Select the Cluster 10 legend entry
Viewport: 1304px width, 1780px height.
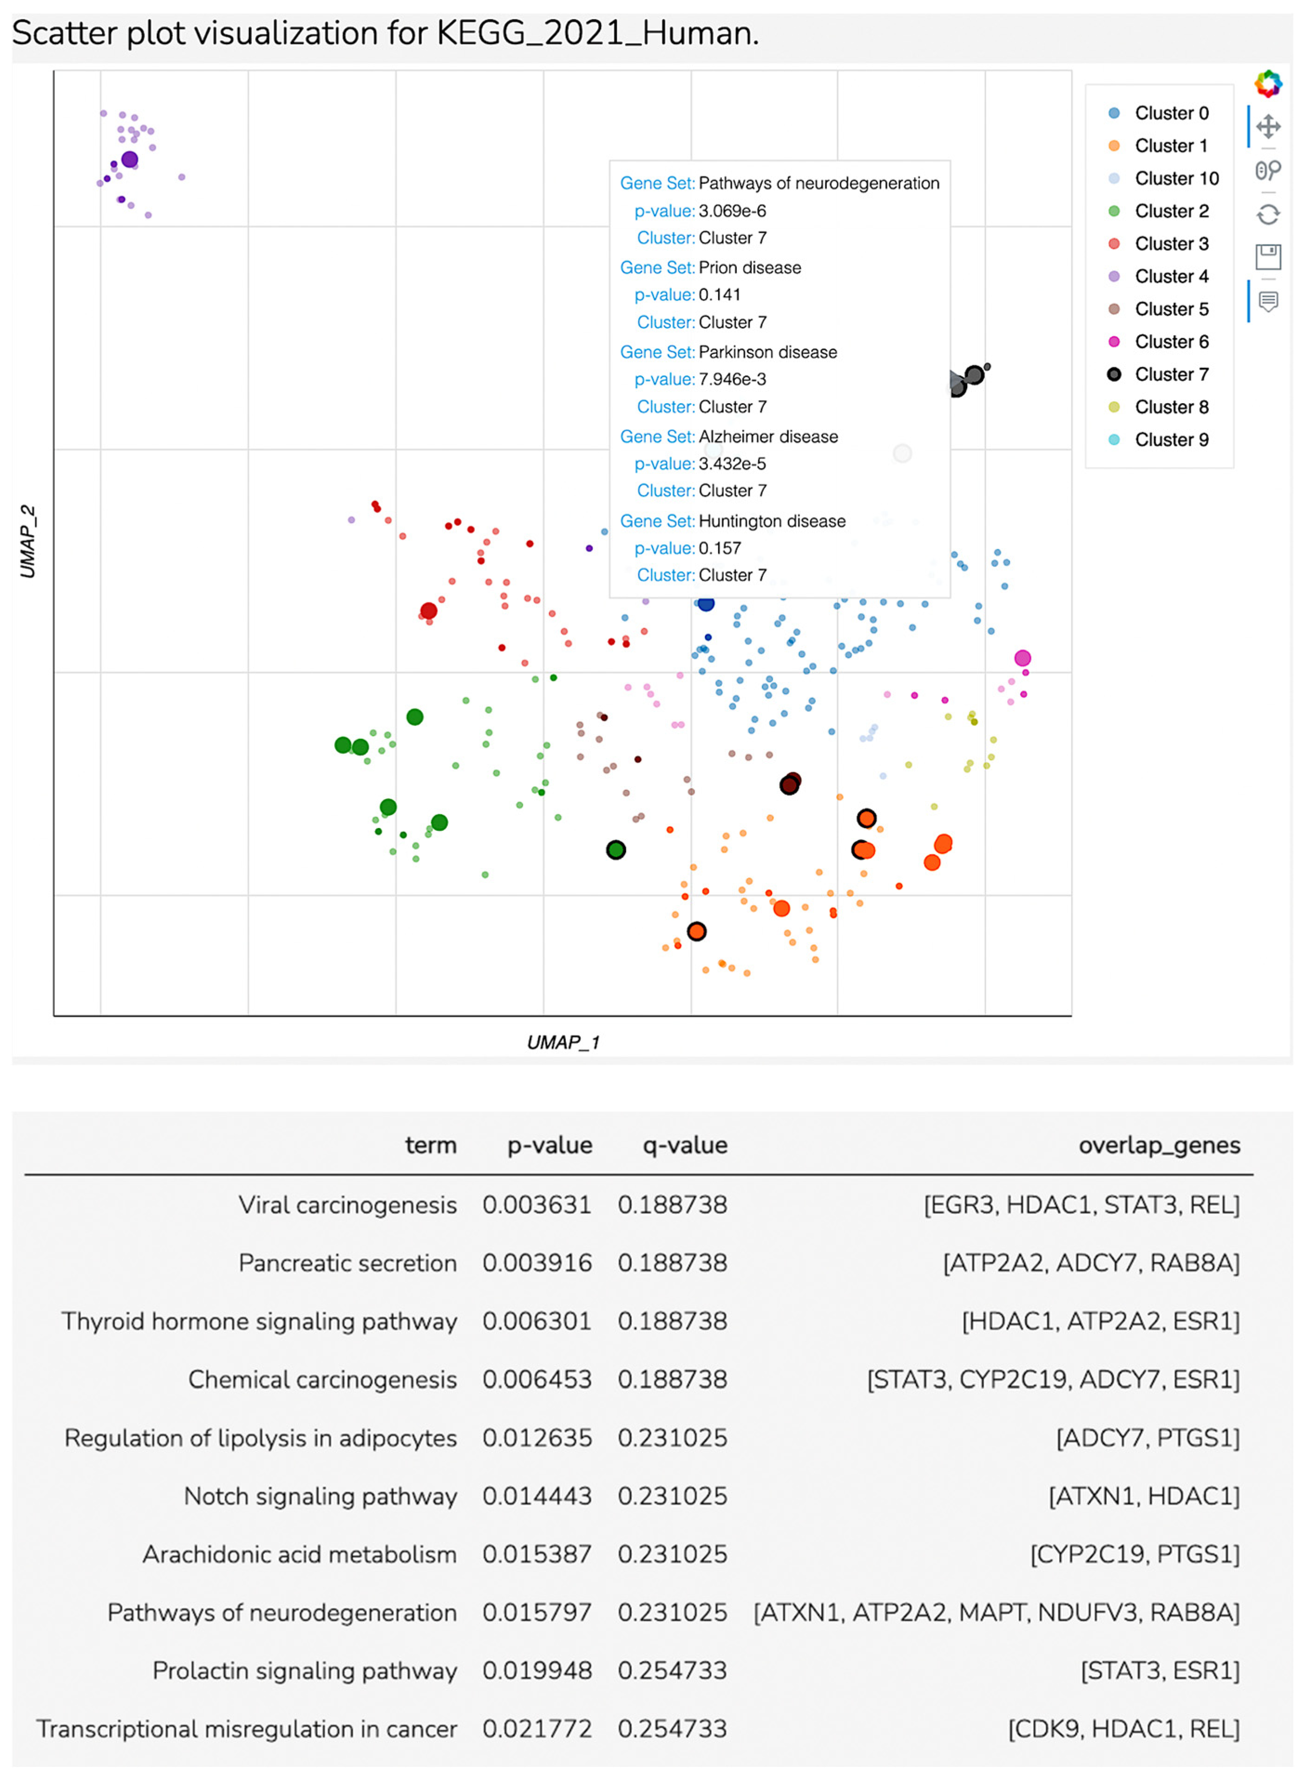pyautogui.click(x=1176, y=178)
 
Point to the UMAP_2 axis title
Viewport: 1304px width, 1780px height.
pyautogui.click(x=27, y=541)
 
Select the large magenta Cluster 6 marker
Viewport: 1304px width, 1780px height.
pyautogui.click(x=1022, y=658)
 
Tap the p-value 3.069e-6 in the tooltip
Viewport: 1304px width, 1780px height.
pyautogui.click(x=732, y=211)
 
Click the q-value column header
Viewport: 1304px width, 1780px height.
pyautogui.click(x=684, y=1145)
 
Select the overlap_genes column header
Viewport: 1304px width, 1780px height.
pyautogui.click(x=1159, y=1145)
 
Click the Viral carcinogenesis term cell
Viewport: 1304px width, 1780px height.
pyautogui.click(x=347, y=1205)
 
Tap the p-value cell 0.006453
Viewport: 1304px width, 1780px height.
pyautogui.click(x=537, y=1379)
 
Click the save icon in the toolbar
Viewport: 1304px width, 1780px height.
pyautogui.click(x=1268, y=256)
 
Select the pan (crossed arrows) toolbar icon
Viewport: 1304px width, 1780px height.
pyautogui.click(x=1268, y=126)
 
